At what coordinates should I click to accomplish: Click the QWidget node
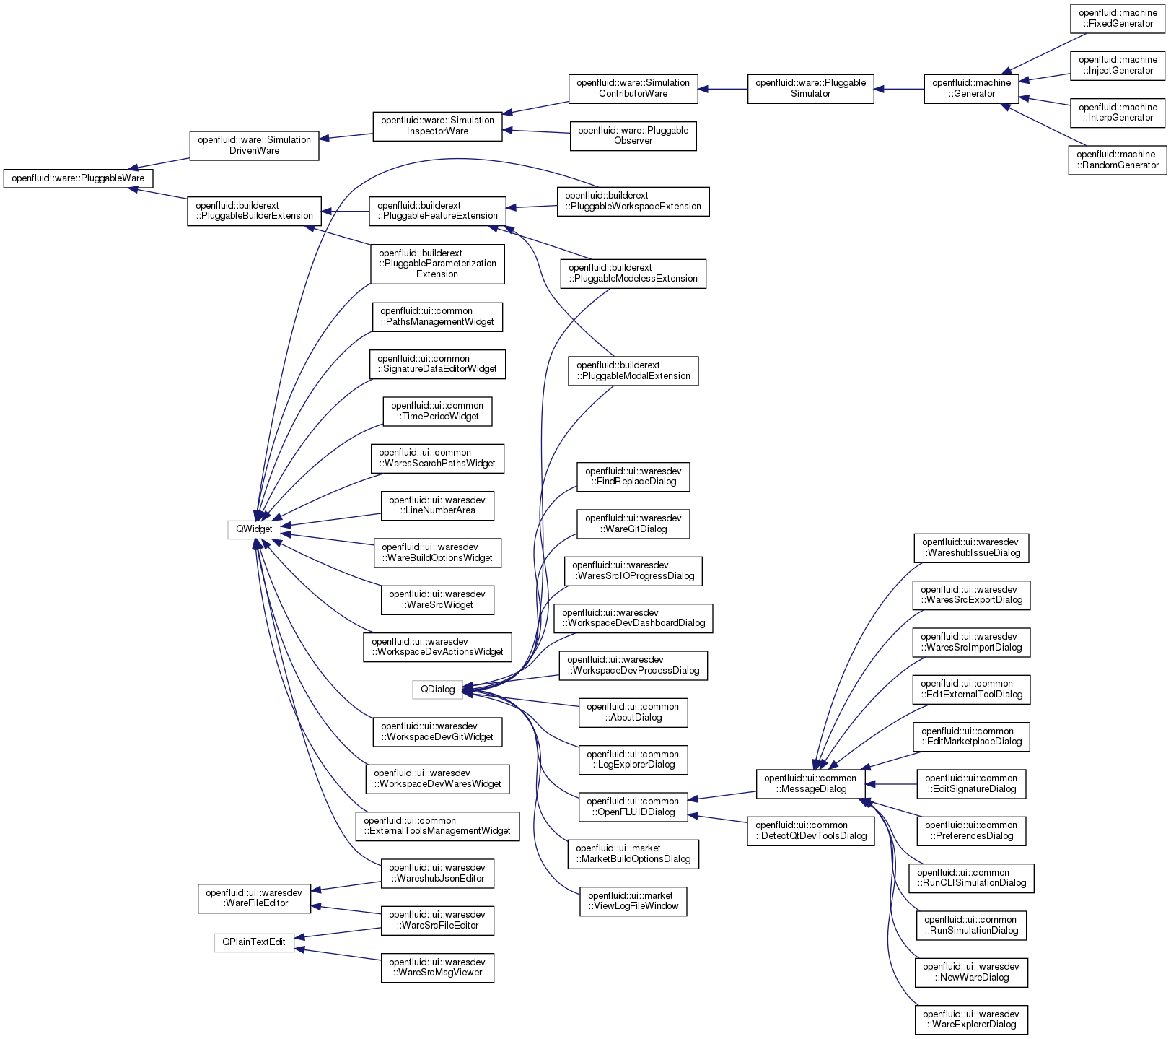(x=254, y=529)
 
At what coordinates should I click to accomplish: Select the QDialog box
(x=437, y=690)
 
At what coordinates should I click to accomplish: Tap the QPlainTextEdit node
(x=254, y=942)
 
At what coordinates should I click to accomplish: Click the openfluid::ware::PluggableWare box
(x=78, y=178)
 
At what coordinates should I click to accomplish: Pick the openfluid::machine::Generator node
(x=972, y=89)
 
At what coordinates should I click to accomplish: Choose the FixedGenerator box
(x=1118, y=18)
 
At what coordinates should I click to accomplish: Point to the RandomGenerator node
(x=1118, y=160)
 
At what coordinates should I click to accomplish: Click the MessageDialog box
(x=811, y=784)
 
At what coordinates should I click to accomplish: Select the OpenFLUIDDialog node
(x=633, y=807)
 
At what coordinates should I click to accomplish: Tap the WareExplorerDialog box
(x=971, y=1020)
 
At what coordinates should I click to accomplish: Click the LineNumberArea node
(x=437, y=505)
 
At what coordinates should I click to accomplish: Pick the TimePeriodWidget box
(x=437, y=412)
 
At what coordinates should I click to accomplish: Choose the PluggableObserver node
(x=633, y=136)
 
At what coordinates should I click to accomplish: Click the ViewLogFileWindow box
(x=633, y=901)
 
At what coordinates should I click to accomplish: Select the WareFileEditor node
(x=254, y=898)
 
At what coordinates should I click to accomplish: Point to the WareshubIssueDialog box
(x=971, y=548)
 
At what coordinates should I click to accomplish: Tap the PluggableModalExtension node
(x=633, y=371)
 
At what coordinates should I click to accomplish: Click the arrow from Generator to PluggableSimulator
(x=899, y=90)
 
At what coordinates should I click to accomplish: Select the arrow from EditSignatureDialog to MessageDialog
(x=891, y=784)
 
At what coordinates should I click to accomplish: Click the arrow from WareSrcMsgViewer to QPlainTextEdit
(x=338, y=955)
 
